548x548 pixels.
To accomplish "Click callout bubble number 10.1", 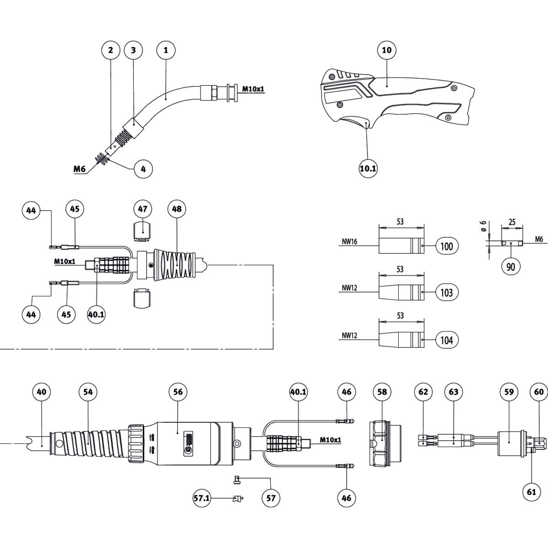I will coord(368,169).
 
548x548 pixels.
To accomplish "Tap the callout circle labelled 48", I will coord(177,209).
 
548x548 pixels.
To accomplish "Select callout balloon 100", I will coord(447,247).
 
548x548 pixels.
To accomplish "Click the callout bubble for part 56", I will coord(178,392).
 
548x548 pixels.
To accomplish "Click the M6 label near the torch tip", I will coord(79,169).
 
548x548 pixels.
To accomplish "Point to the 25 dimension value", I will coord(512,222).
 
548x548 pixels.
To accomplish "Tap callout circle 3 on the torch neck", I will coord(133,50).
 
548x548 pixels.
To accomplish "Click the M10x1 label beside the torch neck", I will coord(253,89).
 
